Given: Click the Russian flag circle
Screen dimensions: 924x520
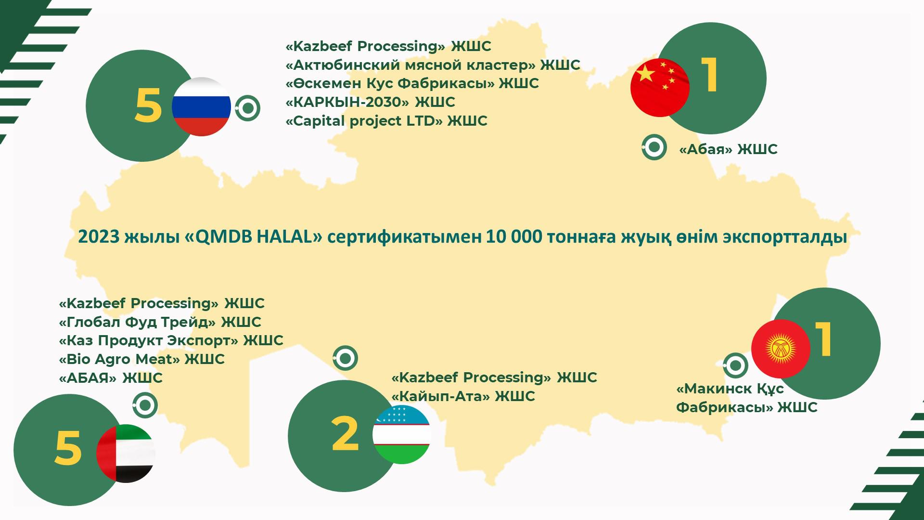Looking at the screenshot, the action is point(201,106).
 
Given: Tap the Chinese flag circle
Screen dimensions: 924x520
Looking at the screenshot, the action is point(660,88).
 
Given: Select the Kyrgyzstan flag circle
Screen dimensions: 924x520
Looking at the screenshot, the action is point(781,349).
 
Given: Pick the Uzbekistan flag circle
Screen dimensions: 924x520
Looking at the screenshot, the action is point(401,434).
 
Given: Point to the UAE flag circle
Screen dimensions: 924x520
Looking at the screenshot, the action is point(126,454).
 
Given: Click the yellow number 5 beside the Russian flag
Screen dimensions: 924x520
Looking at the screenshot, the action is point(148,106).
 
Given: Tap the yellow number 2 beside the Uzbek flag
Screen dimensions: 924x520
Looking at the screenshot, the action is point(345,434).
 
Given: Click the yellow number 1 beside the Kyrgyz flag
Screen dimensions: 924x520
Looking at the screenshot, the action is point(823,339).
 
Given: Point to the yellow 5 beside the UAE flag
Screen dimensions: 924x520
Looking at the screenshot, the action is point(68,448).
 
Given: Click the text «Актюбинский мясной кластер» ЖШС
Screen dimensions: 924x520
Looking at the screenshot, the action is point(433,65).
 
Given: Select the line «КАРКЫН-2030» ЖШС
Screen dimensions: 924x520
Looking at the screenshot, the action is point(370,102).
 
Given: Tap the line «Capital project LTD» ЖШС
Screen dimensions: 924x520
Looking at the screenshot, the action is point(386,121).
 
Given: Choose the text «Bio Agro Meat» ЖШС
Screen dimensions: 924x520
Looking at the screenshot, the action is point(141,359).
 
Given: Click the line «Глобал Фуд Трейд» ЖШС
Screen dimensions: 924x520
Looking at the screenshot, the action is point(160,322).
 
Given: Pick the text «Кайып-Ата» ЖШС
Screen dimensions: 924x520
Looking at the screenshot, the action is point(463,396).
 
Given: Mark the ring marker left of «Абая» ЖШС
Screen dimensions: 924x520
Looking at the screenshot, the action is point(654,147).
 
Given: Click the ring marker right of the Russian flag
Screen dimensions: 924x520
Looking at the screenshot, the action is point(248,108).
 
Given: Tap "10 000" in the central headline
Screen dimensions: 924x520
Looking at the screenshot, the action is point(514,237).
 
